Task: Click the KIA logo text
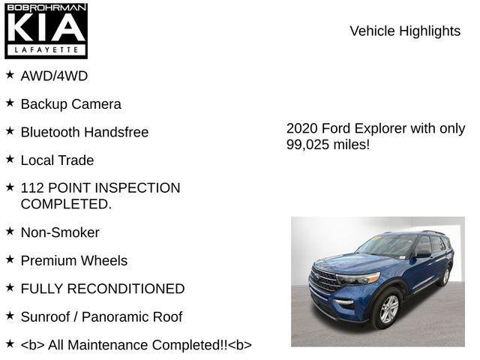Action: tap(46, 28)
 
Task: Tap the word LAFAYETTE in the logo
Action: tap(46, 50)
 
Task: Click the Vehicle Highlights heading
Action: tap(405, 31)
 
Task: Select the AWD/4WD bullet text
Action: tap(54, 76)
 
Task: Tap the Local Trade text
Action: tap(57, 160)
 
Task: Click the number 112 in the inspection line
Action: tap(33, 188)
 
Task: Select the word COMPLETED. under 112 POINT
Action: tap(66, 204)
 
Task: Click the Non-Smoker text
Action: tap(60, 232)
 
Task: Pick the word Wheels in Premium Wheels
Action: tap(105, 261)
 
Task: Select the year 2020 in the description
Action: tap(302, 128)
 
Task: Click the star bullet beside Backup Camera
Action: tap(10, 103)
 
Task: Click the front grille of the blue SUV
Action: tap(325, 280)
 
